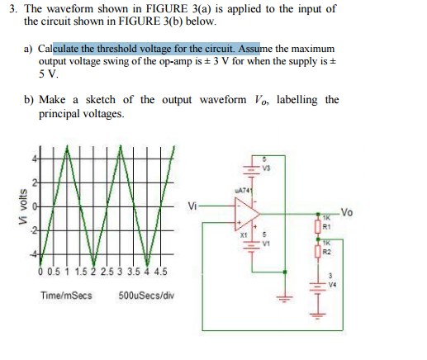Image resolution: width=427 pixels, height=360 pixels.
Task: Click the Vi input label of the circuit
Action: (193, 206)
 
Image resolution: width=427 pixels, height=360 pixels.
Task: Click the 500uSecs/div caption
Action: (145, 295)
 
